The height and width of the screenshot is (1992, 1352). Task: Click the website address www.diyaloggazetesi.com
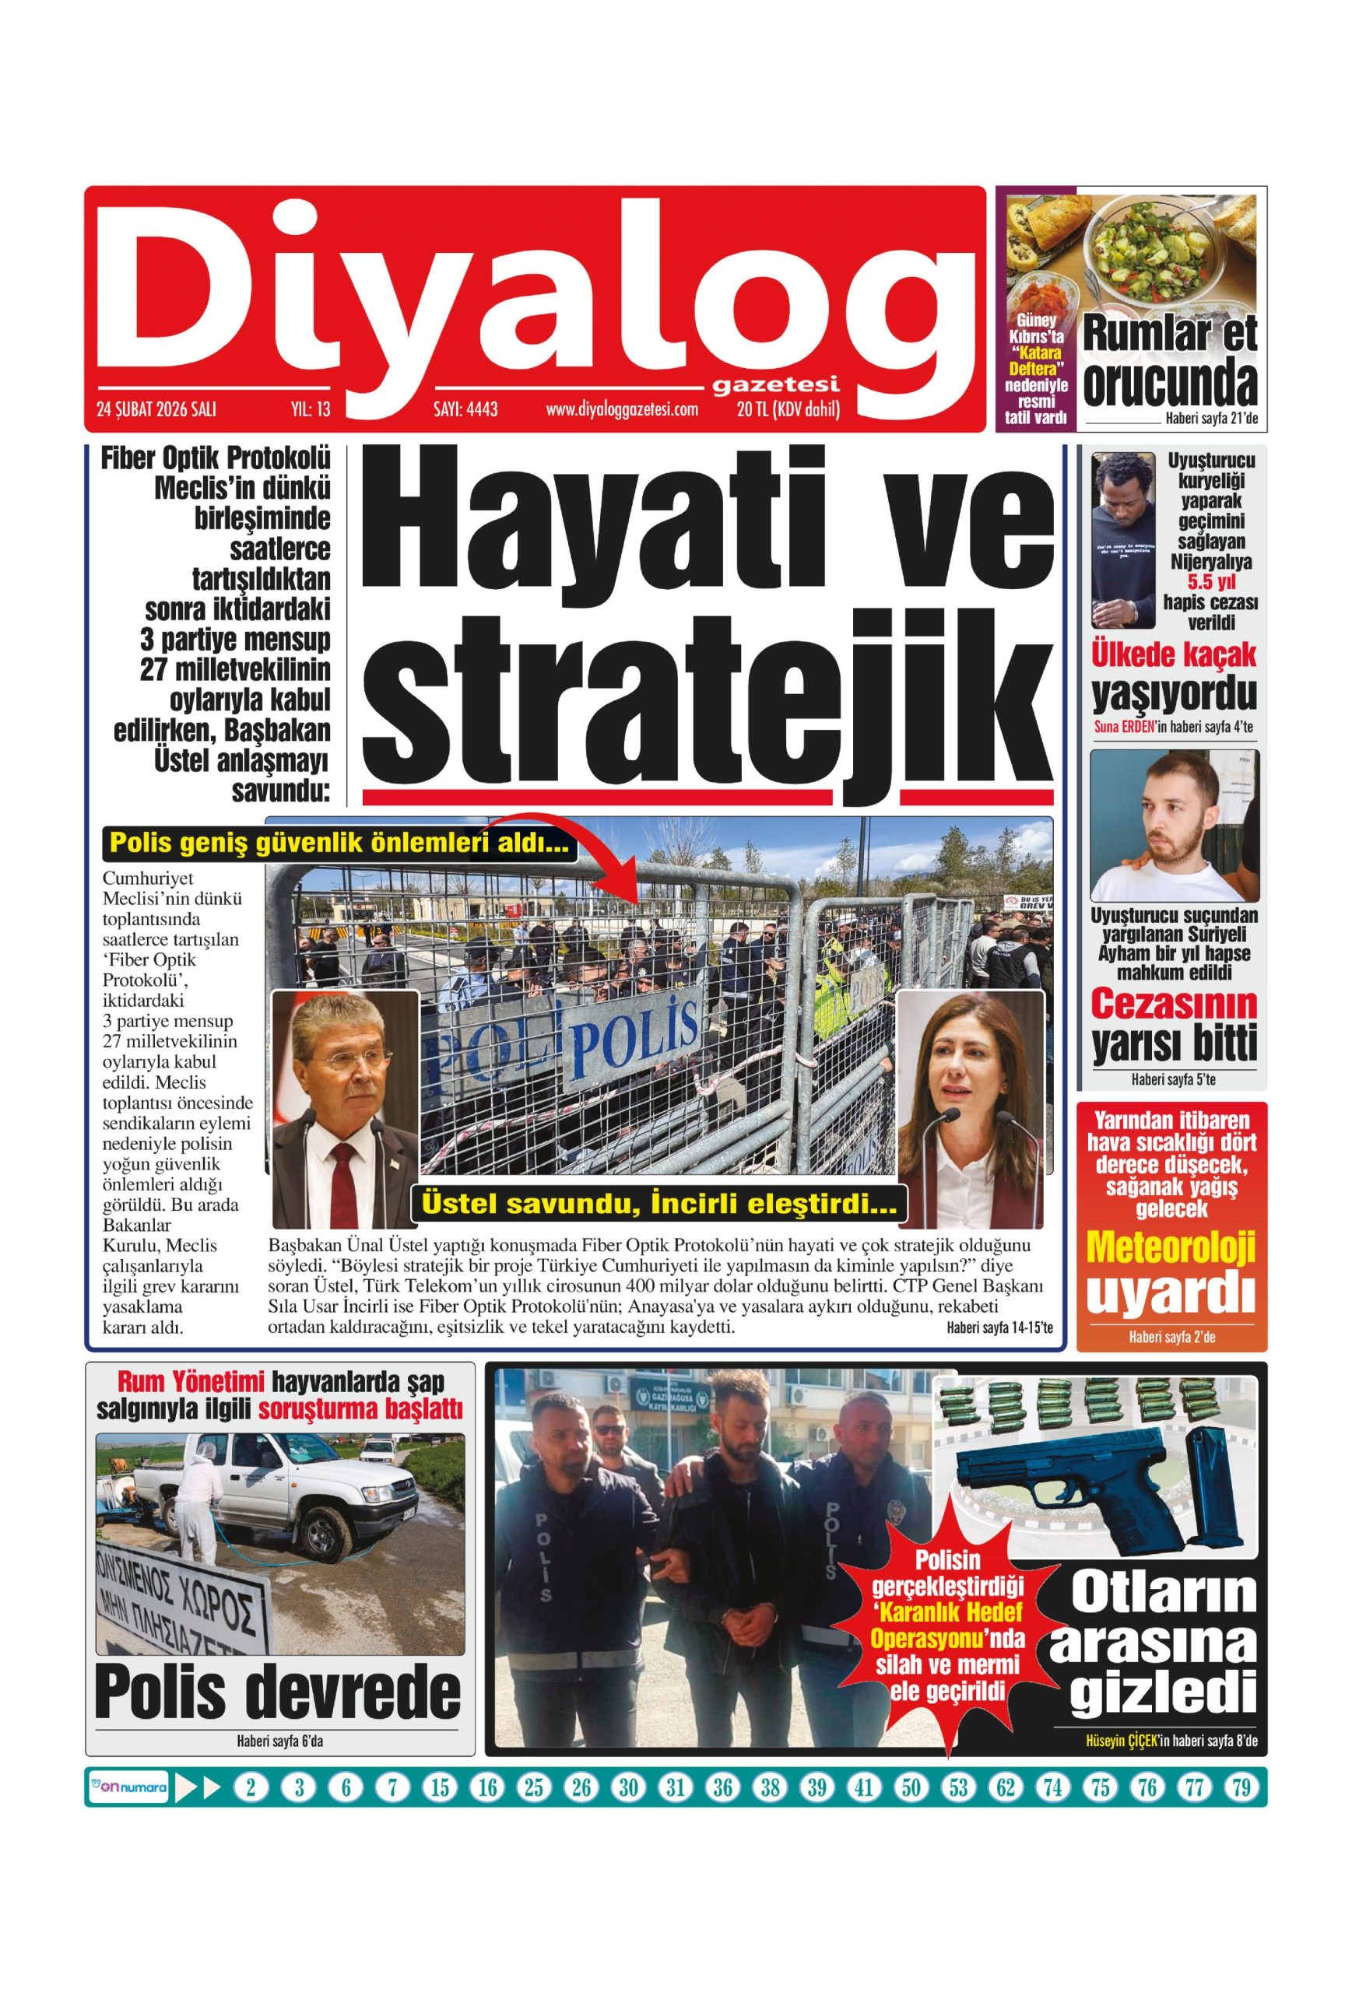pos(622,410)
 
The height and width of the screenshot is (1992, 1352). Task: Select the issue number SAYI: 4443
pos(465,410)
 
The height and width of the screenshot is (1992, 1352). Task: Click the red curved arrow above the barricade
pos(583,844)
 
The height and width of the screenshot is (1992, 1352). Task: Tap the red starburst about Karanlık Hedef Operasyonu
pos(946,1624)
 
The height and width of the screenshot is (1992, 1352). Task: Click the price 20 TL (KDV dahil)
pos(788,410)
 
